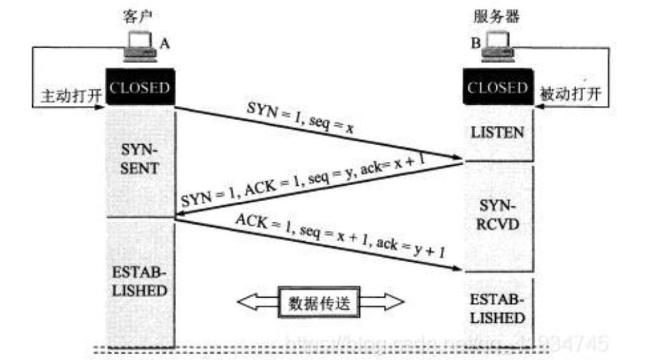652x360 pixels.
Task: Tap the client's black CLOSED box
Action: (140, 87)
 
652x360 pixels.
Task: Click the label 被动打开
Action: (572, 94)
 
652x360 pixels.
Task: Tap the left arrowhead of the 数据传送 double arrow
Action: (248, 301)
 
